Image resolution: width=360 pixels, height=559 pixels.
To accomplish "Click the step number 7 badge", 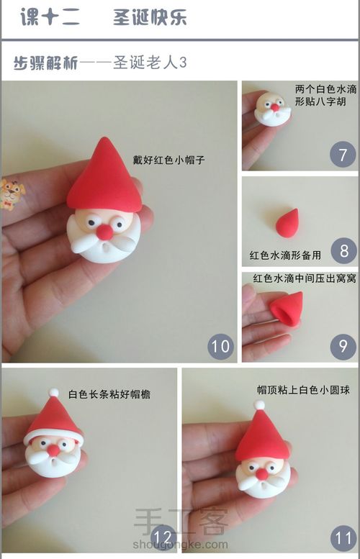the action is point(343,155).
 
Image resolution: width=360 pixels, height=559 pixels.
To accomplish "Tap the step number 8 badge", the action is point(343,250).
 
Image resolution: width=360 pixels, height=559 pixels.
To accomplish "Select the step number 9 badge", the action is point(343,346).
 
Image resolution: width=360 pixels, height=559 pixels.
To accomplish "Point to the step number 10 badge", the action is point(220,346).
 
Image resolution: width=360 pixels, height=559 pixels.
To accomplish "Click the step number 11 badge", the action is point(344,538).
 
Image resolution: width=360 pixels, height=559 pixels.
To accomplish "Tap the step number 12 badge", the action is point(163,537).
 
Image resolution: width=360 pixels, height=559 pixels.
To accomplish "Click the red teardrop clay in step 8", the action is point(287,223).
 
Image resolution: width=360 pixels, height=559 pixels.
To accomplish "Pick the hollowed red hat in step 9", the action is point(287,309).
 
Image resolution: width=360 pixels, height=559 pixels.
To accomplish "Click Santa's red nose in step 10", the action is point(105,232).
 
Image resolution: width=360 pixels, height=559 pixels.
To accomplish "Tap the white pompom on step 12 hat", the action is point(53,392).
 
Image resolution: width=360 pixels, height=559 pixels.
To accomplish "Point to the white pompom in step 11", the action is point(259,405).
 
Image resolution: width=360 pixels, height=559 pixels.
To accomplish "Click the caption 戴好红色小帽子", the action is point(168,160).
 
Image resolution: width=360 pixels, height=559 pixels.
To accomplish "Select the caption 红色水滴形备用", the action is point(285,255).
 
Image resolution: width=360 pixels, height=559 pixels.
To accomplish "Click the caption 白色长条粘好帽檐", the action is point(109,394).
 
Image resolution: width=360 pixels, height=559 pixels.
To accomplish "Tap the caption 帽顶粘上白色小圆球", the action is point(303,390).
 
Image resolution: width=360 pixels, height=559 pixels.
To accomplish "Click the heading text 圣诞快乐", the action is point(150,17).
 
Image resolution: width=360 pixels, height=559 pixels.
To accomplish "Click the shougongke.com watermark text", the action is point(180,545).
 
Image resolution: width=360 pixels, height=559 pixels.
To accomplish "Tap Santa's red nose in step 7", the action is point(275,107).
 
